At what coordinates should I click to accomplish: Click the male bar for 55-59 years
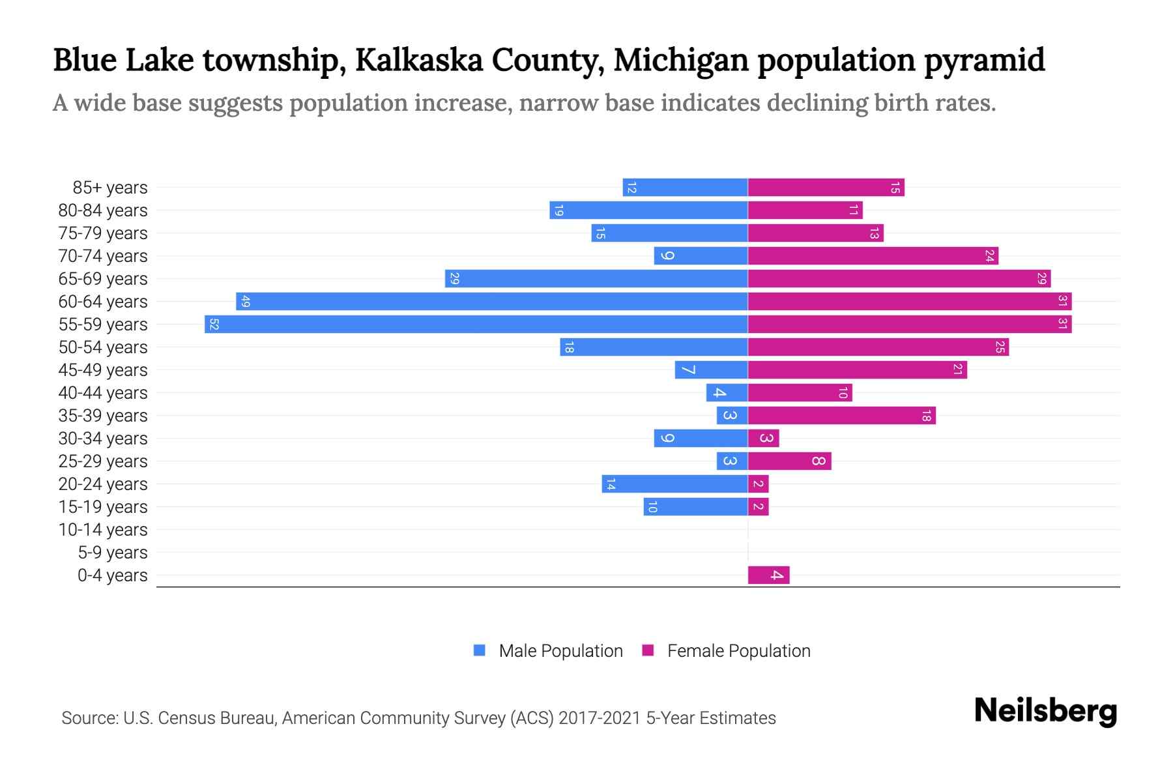coord(476,324)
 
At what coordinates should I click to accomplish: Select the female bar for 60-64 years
coord(909,301)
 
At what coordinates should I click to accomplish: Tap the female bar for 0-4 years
coord(768,575)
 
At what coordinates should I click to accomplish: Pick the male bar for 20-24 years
coord(674,484)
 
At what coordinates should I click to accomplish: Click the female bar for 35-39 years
coord(841,415)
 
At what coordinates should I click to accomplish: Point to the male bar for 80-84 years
coord(648,210)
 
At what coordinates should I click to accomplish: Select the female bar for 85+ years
coord(826,187)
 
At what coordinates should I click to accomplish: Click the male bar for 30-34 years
coord(701,438)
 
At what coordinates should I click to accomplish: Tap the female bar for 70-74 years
coord(873,255)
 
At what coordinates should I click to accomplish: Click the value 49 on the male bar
coord(245,301)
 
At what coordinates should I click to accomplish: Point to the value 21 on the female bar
coord(957,369)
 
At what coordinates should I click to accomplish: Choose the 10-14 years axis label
coord(103,529)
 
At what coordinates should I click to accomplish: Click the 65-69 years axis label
coord(103,278)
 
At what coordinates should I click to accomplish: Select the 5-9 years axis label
coord(112,552)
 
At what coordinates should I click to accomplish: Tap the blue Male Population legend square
coord(480,650)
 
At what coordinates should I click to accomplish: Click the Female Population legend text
coord(738,650)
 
